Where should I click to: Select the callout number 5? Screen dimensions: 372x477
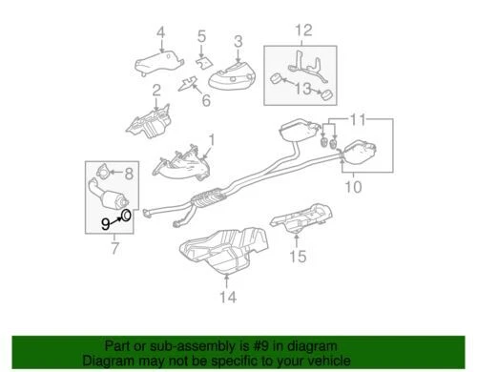point(201,37)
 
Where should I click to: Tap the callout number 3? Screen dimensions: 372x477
point(238,40)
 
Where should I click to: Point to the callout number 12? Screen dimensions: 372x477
point(303,31)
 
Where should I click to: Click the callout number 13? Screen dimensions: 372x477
point(304,91)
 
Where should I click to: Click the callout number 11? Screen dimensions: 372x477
point(357,121)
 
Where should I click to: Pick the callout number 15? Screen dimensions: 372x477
point(298,256)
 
